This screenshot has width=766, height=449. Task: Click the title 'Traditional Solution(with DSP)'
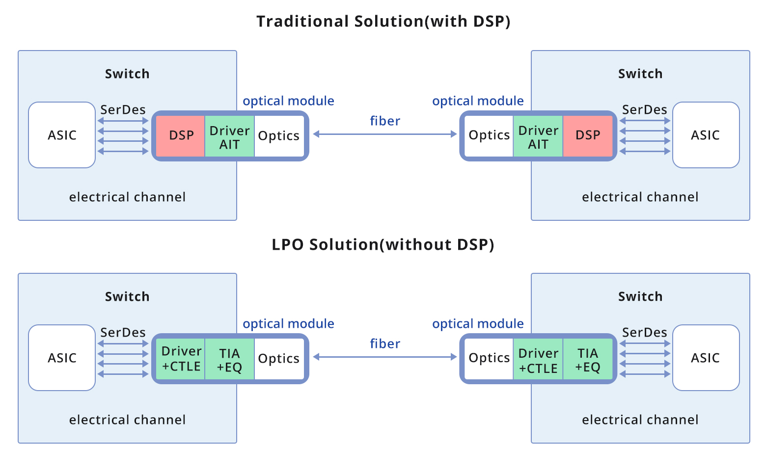pos(383,22)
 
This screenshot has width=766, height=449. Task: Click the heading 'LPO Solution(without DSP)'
pos(383,244)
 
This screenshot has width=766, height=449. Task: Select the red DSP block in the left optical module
pos(181,135)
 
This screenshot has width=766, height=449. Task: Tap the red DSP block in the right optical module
pos(587,135)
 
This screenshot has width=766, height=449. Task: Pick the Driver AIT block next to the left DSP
pos(229,136)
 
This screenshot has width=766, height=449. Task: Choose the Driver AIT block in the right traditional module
pos(538,136)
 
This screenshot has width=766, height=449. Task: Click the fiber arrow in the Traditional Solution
pos(384,134)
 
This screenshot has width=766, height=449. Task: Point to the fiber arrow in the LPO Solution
pos(384,357)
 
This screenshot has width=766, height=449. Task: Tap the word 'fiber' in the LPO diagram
pos(384,343)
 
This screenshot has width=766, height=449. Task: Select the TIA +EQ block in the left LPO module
pos(229,359)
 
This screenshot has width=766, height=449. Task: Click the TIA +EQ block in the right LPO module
pos(587,359)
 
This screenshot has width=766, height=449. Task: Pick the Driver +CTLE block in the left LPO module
pos(181,359)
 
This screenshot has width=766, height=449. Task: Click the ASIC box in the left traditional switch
pos(62,135)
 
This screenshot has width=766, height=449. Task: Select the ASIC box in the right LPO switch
pos(705,358)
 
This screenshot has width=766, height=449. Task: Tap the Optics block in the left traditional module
pos(278,136)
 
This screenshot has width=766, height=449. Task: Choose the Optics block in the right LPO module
pos(489,358)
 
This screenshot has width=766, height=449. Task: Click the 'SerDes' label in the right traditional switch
pos(644,110)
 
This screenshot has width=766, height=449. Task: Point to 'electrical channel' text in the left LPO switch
pos(127,420)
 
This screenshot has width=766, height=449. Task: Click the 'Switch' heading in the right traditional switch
pos(640,74)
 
